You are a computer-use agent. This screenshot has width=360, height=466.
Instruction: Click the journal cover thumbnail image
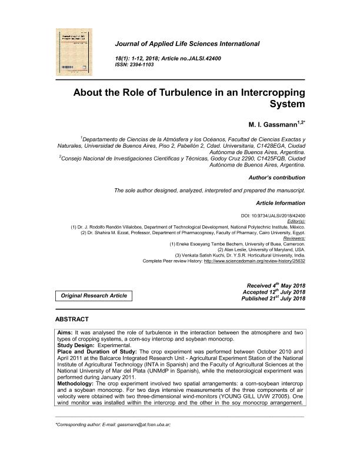coord(75,52)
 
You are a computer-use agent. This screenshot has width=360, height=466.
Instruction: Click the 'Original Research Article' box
coord(94,295)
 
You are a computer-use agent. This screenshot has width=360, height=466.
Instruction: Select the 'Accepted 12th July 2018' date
coord(274,292)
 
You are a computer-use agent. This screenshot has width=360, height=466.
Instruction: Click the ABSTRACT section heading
coord(72,319)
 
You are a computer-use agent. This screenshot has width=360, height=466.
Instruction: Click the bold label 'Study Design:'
coord(78,346)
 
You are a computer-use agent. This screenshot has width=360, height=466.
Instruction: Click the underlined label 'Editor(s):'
coord(295,221)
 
